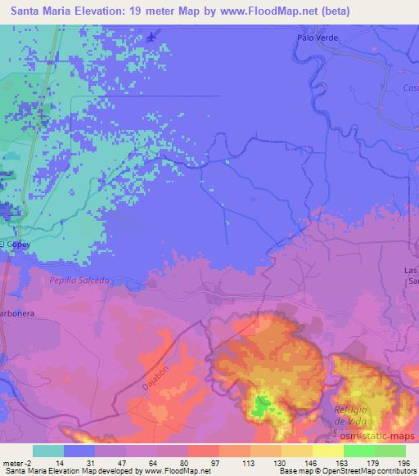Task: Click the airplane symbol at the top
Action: click(x=152, y=36)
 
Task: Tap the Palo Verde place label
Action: click(x=317, y=38)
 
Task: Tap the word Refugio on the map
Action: click(x=353, y=409)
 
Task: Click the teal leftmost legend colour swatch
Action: click(x=48, y=451)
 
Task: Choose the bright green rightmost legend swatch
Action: click(x=390, y=451)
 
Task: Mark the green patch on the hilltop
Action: click(x=261, y=405)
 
